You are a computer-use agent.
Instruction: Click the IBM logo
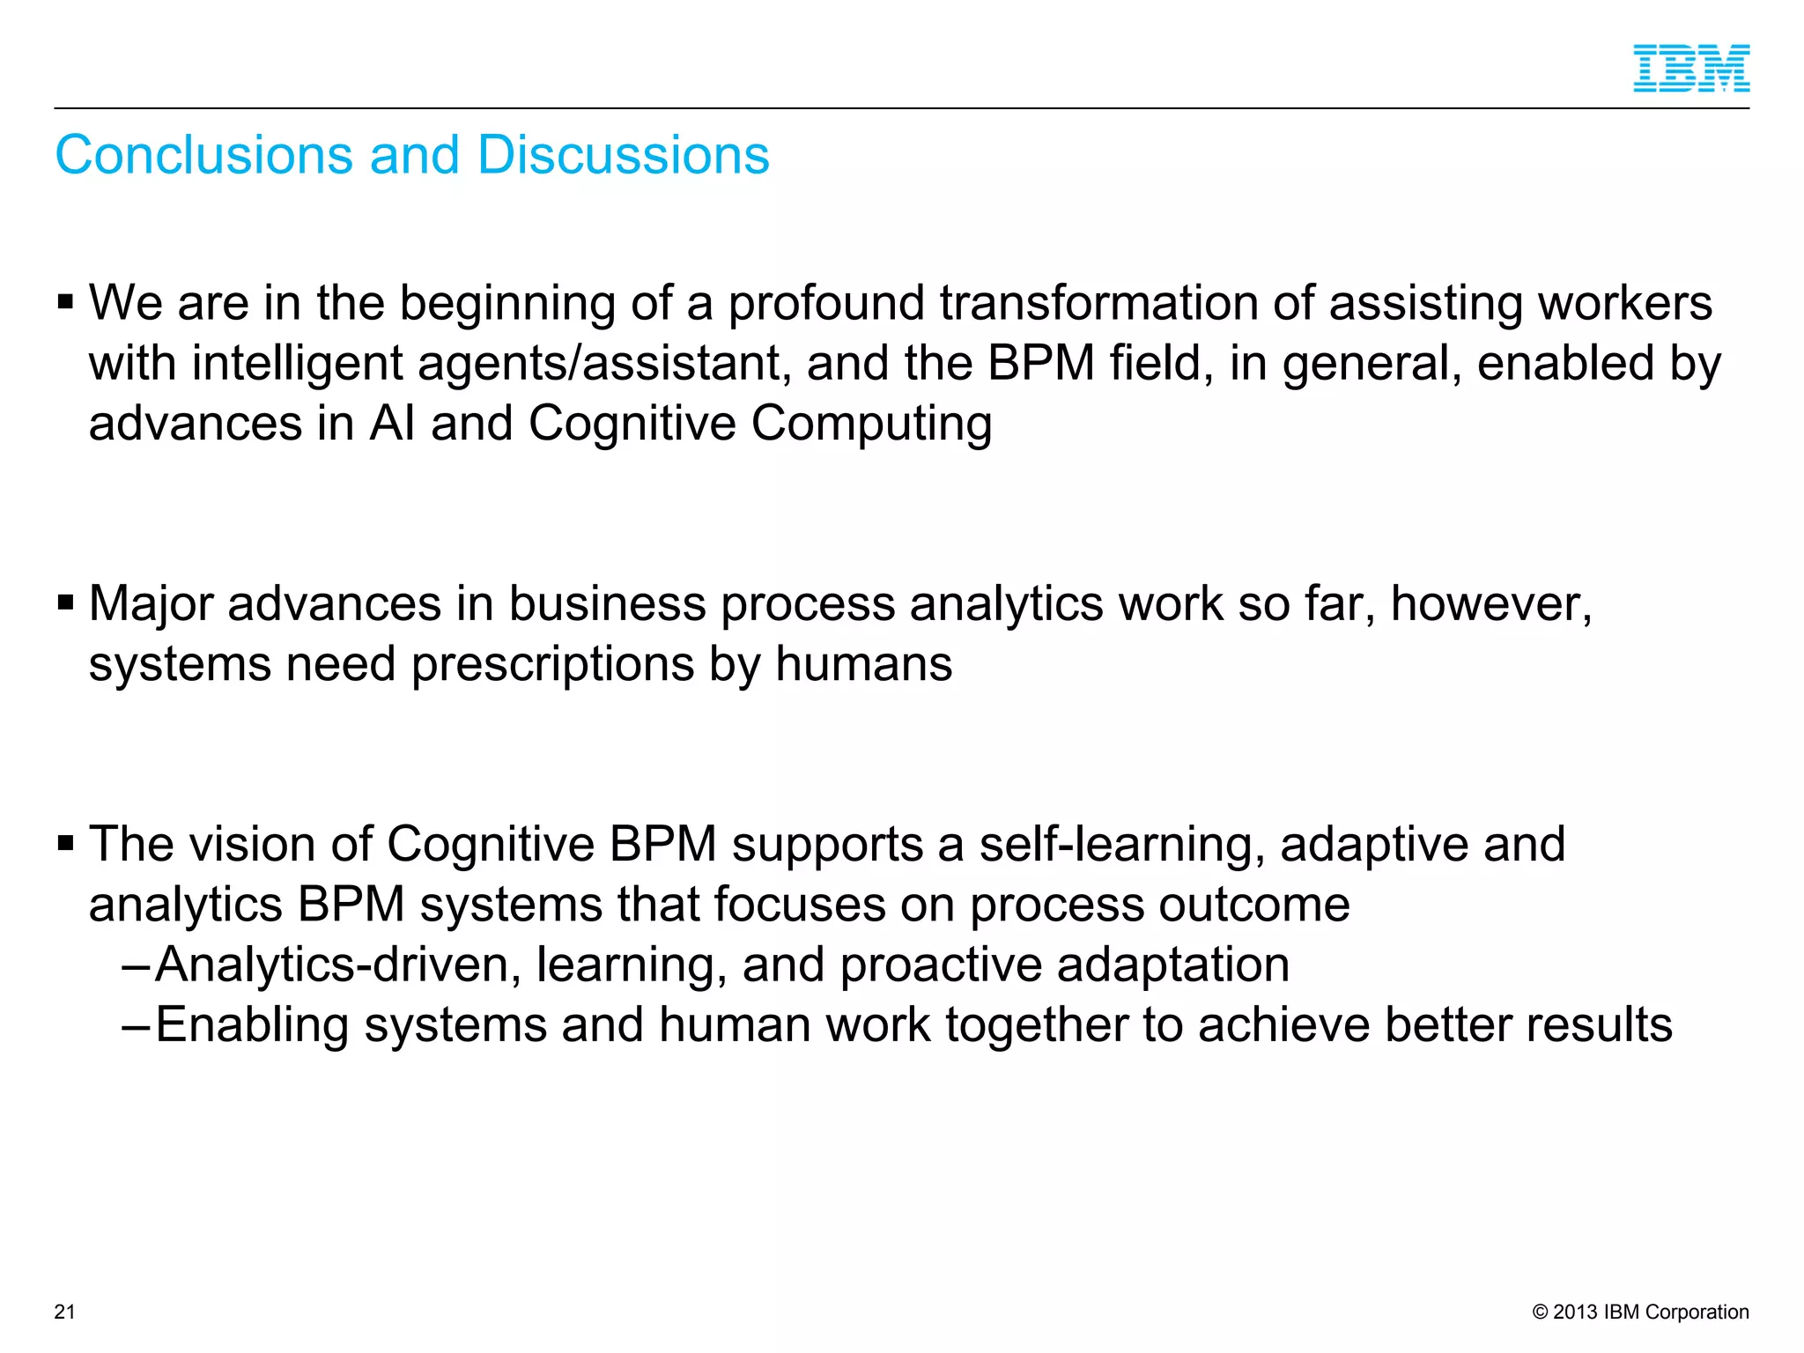pos(1691,69)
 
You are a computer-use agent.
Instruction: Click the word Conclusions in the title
pos(204,155)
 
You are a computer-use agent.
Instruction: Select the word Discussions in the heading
pos(623,155)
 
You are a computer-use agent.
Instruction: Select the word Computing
pos(871,424)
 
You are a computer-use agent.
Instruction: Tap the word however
pos(1490,604)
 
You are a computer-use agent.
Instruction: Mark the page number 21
pos(65,1312)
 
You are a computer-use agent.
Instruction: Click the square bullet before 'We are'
pos(66,303)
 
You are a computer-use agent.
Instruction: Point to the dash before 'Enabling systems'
pos(136,1025)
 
